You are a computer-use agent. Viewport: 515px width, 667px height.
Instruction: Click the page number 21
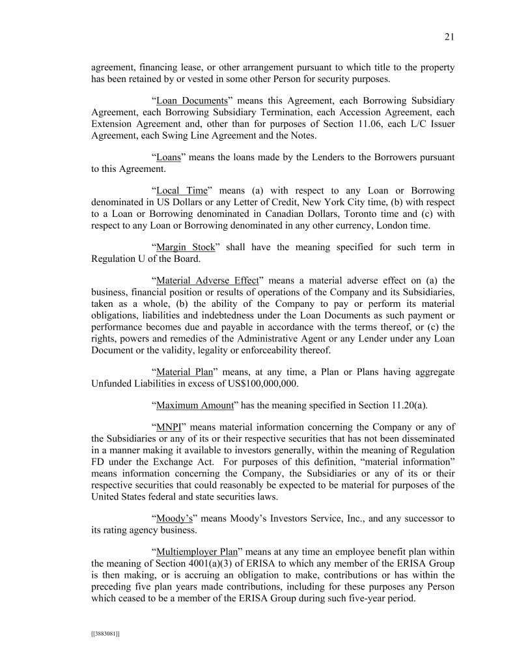coord(449,37)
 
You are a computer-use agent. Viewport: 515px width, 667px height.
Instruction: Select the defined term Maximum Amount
coord(195,405)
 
